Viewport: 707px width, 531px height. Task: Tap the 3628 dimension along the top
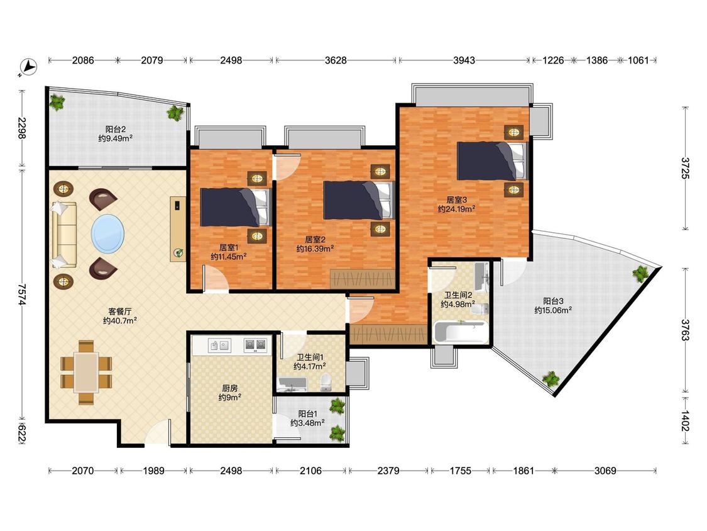click(336, 60)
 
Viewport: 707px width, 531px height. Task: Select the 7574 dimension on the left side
click(21, 294)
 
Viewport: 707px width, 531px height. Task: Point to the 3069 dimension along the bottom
click(605, 471)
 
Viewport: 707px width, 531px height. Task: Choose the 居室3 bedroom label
click(457, 199)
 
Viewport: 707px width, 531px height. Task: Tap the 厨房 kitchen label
click(230, 388)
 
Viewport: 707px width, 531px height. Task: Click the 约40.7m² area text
click(120, 321)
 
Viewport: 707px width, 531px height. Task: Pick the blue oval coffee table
click(107, 233)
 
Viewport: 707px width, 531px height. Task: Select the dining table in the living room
click(86, 372)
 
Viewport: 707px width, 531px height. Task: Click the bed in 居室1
click(235, 207)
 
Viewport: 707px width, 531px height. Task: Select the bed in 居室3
click(492, 161)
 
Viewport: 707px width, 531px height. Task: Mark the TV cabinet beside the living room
click(178, 228)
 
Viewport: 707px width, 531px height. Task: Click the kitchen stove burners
click(255, 345)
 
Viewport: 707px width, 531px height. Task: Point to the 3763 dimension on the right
click(686, 330)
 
